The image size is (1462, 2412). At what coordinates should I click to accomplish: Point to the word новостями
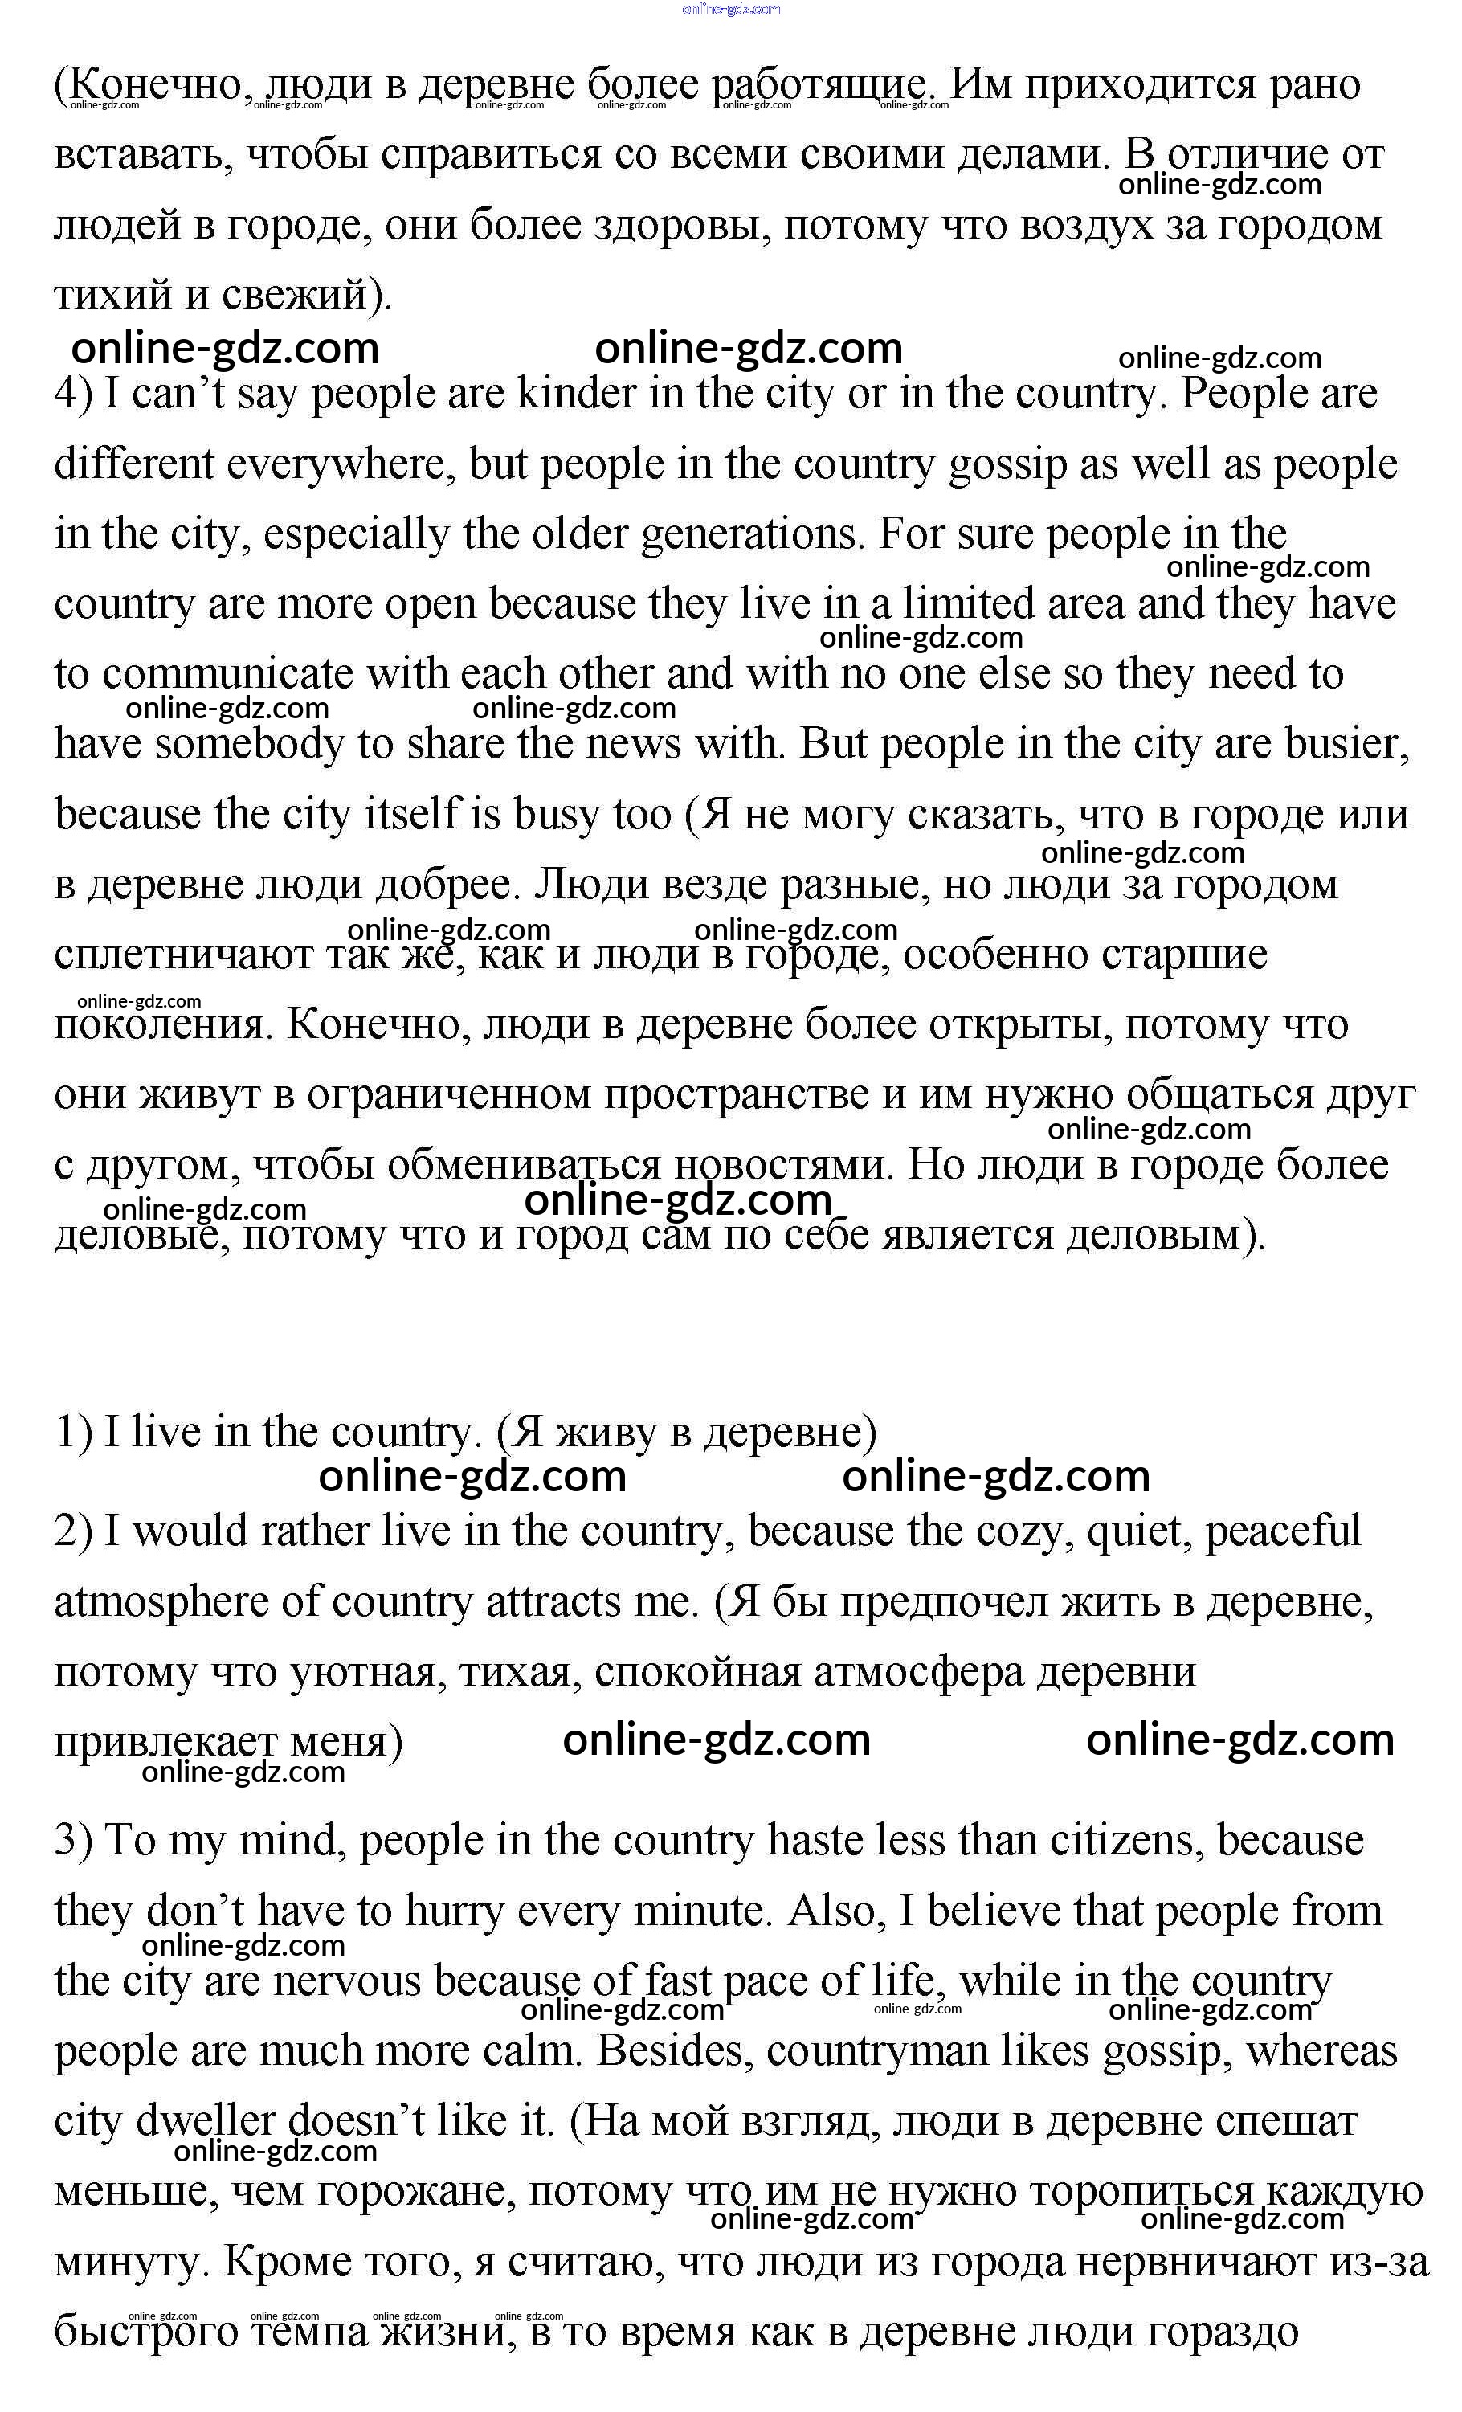784,1166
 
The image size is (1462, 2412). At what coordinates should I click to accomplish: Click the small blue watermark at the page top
731,9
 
